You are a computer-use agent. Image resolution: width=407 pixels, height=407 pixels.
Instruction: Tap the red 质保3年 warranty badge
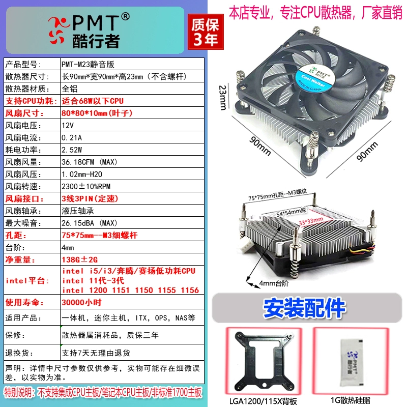206,32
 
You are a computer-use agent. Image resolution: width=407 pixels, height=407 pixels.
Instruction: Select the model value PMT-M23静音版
88,64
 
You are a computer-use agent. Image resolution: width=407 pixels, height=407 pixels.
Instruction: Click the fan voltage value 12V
68,125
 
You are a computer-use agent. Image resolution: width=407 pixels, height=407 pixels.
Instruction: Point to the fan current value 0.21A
72,137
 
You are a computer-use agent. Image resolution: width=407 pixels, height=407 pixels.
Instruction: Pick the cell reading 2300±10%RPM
86,186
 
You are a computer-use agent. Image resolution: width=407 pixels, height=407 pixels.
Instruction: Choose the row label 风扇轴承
23,211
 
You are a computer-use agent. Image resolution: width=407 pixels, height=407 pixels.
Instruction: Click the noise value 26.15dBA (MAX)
90,223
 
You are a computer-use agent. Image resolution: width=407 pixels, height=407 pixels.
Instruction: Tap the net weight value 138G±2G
80,259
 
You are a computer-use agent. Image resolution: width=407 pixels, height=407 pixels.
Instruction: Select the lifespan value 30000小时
81,302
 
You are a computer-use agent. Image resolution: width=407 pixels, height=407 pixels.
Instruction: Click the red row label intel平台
27,281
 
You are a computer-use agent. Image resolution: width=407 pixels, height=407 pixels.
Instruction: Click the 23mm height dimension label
223,97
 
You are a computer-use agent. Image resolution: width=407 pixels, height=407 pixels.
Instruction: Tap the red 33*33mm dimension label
311,221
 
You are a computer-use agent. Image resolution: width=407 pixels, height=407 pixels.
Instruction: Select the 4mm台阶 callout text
274,283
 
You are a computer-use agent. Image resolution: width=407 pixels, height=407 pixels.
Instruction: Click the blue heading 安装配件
304,308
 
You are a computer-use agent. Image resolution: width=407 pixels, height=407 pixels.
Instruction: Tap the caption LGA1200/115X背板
263,401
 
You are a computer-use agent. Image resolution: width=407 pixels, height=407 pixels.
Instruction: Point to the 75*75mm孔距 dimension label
277,195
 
